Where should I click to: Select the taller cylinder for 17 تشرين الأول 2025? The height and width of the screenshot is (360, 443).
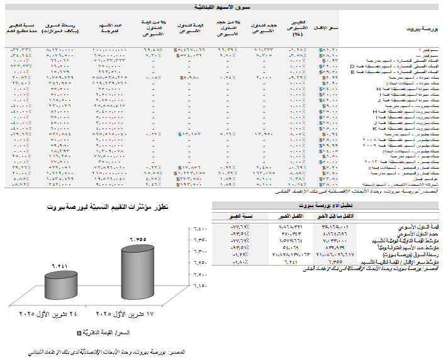click(144, 272)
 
